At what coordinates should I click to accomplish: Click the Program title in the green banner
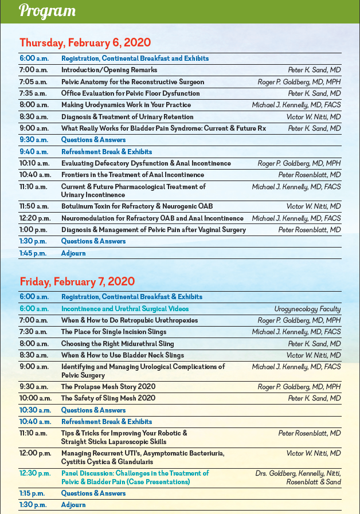coord(47,11)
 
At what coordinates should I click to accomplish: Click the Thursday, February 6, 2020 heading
coord(85,42)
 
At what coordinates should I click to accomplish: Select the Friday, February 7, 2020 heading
coord(77,281)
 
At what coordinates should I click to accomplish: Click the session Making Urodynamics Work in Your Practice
coord(126,105)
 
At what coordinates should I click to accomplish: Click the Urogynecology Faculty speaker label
coord(307,309)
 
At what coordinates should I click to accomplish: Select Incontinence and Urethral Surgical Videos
coord(124,309)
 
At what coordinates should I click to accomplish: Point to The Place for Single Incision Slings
coord(114,332)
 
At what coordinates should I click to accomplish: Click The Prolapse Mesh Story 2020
coord(108,387)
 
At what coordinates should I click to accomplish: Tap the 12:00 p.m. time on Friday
coord(34,453)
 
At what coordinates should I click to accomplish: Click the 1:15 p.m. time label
coord(32,493)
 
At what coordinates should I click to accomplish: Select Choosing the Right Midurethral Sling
coord(118,344)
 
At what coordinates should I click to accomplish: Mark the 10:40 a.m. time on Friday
coord(34,422)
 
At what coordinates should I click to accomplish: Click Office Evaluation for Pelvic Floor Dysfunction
coord(131,93)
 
